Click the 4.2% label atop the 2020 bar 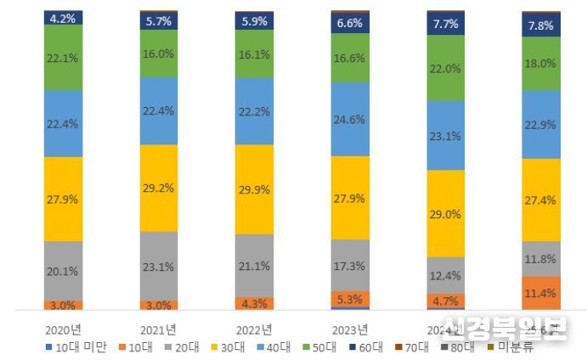(x=64, y=16)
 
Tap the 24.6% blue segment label (x=350, y=120)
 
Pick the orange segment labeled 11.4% (x=540, y=293)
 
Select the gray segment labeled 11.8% (x=540, y=258)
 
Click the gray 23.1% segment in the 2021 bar (x=159, y=266)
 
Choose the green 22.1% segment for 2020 (x=64, y=56)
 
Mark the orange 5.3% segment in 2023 (x=350, y=299)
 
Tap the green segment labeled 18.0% (x=540, y=64)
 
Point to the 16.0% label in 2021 (x=159, y=53)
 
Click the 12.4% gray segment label (x=445, y=275)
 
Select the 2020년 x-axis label (x=64, y=329)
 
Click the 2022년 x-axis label (x=254, y=329)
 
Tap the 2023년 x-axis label (x=350, y=329)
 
